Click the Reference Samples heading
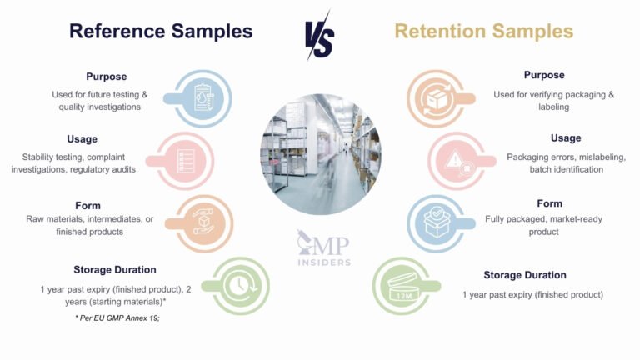pos(160,32)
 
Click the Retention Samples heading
pos(483,32)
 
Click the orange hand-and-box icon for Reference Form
pos(204,222)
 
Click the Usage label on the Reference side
pos(82,139)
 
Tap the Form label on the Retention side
pos(549,203)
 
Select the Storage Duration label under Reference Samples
pos(114,269)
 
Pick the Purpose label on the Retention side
pos(543,75)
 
